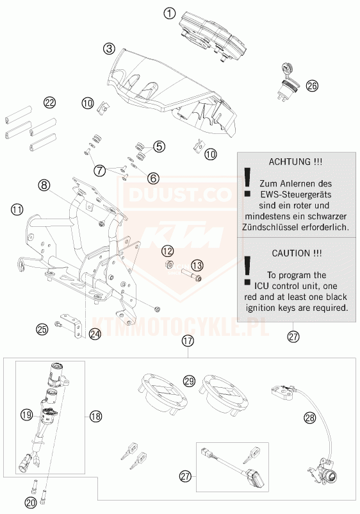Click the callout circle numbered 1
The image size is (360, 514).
[x=169, y=13]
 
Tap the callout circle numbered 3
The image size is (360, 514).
[x=109, y=49]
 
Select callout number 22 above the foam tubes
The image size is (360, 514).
[x=49, y=103]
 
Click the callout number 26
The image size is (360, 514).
[x=312, y=86]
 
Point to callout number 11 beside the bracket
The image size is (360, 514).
[x=17, y=209]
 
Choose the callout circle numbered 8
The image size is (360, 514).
[x=44, y=185]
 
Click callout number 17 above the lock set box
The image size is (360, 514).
[x=188, y=341]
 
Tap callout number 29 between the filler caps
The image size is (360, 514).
[x=190, y=381]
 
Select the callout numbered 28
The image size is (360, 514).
[x=309, y=418]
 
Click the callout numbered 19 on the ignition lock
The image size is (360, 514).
[x=26, y=415]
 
